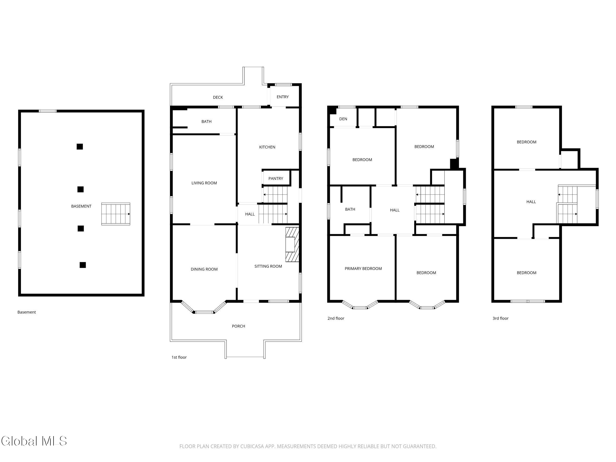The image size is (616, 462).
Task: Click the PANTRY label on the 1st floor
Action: (276, 178)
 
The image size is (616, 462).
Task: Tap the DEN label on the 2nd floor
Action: (343, 119)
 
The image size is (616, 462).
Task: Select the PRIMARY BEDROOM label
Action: (363, 269)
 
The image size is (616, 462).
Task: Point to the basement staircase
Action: (116, 214)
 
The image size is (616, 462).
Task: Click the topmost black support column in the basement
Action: (80, 146)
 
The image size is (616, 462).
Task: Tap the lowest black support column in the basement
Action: (83, 265)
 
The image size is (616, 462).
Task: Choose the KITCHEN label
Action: (267, 147)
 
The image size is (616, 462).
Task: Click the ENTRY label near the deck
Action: (283, 97)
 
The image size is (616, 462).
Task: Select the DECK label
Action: (218, 97)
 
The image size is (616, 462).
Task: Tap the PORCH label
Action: (238, 326)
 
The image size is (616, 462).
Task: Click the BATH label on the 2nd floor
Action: (350, 209)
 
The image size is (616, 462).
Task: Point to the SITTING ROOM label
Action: (268, 266)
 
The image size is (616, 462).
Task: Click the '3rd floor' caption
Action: (500, 318)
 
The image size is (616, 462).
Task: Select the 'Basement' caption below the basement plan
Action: (26, 312)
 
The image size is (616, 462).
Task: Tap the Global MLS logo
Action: (34, 441)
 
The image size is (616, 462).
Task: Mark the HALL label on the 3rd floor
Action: (531, 202)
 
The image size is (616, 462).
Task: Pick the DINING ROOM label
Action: (204, 269)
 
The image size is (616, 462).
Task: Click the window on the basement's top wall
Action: (48, 111)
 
